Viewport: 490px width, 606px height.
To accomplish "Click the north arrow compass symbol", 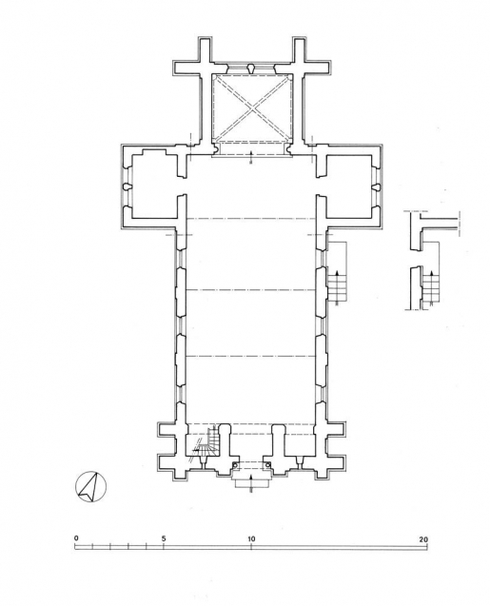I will [90, 487].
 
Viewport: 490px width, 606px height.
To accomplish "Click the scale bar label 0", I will [75, 538].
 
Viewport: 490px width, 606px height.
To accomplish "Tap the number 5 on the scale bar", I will [164, 538].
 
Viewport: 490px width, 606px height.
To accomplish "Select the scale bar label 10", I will [251, 538].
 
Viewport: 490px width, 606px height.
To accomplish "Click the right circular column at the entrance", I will [268, 465].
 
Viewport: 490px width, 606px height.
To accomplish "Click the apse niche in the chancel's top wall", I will [250, 69].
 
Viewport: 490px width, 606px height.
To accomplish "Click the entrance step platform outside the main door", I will [250, 480].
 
